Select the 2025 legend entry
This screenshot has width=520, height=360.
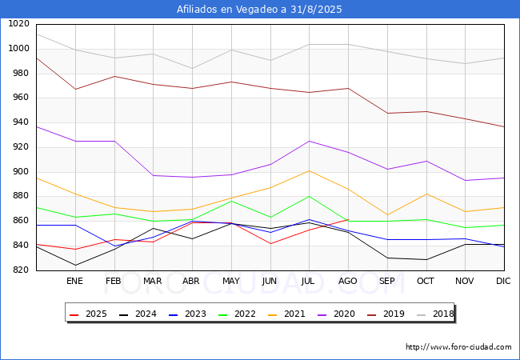[x=88, y=314]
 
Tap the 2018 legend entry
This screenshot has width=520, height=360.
[x=435, y=314]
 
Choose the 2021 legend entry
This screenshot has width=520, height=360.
[x=286, y=314]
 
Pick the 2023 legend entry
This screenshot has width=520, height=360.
[x=187, y=314]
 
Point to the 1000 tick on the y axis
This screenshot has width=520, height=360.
[x=18, y=48]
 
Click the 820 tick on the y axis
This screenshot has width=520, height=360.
[x=22, y=270]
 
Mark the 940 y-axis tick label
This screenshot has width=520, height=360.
[x=22, y=122]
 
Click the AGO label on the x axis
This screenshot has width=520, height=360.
[x=347, y=281]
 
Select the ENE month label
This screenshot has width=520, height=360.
[x=74, y=281]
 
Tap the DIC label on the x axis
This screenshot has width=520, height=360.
[x=503, y=281]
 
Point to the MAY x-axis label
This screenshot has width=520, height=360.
[x=231, y=281]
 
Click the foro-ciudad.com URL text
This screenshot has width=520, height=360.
[x=458, y=346]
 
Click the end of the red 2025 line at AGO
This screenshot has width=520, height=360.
[x=348, y=219]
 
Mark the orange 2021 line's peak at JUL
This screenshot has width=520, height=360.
[x=310, y=170]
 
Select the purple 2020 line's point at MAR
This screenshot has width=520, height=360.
[x=154, y=175]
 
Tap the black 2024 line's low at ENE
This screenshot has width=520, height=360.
[x=76, y=265]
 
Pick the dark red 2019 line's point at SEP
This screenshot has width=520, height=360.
[x=387, y=113]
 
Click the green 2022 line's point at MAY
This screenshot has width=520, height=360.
[x=231, y=201]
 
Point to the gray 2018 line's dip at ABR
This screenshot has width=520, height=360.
[x=192, y=68]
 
